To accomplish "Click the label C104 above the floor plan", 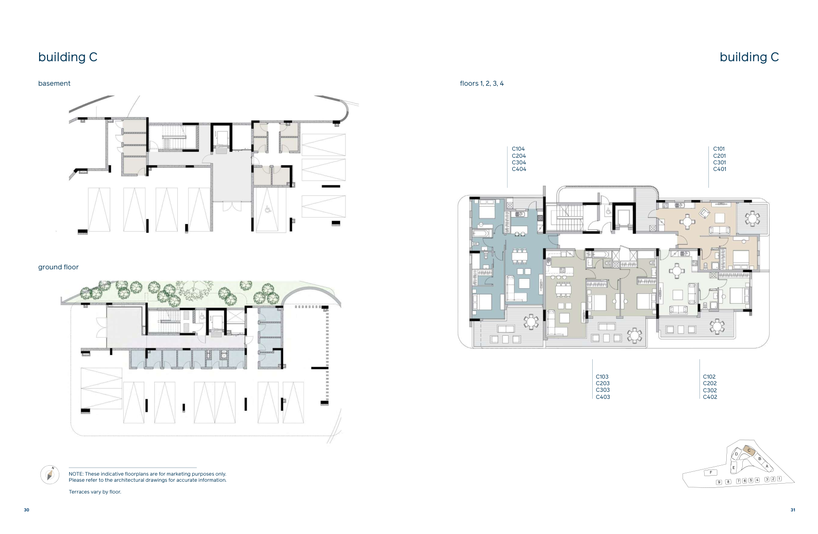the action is tap(518, 149).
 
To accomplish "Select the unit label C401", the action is tap(719, 169).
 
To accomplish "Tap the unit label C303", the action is tap(603, 390).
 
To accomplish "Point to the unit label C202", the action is tap(710, 383).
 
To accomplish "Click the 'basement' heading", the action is tap(54, 83).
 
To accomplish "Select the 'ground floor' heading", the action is tap(58, 267).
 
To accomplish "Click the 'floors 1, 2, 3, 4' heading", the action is tap(482, 83).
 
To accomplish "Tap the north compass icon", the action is tap(50, 474).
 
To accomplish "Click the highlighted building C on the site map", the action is tap(748, 451).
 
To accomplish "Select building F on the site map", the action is tap(710, 472).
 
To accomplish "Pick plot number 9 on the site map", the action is tap(719, 482).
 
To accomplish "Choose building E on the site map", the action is tap(733, 468).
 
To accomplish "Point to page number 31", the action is tap(793, 510).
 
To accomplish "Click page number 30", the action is tap(26, 510).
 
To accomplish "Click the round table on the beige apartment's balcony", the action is tap(753, 218).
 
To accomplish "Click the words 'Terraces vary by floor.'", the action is tap(95, 492).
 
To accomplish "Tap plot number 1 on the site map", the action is tap(779, 478).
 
